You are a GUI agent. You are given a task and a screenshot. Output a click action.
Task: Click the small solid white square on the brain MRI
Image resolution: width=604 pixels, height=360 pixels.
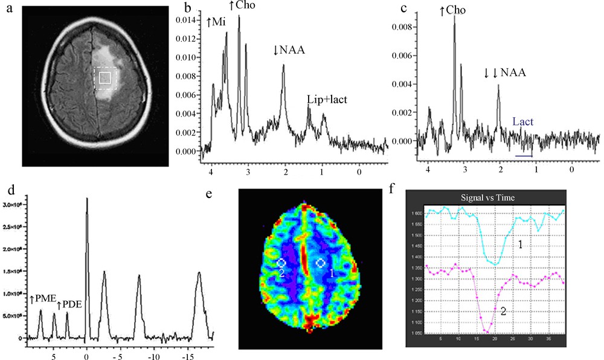tap(104, 78)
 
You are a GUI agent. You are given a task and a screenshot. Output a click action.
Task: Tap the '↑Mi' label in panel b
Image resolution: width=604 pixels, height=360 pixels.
tap(217, 22)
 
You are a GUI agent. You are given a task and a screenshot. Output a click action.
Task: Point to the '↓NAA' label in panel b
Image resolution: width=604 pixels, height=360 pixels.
tap(289, 50)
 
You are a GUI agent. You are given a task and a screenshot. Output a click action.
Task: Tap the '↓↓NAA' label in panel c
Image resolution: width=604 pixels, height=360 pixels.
tap(505, 73)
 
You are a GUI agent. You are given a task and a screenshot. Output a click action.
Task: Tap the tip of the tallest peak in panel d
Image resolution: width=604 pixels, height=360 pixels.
tap(87, 198)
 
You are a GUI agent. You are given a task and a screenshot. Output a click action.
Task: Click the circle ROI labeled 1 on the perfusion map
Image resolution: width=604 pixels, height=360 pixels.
tap(321, 263)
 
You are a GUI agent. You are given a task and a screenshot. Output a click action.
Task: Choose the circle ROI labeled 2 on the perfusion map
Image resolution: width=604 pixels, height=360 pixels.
tap(281, 263)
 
